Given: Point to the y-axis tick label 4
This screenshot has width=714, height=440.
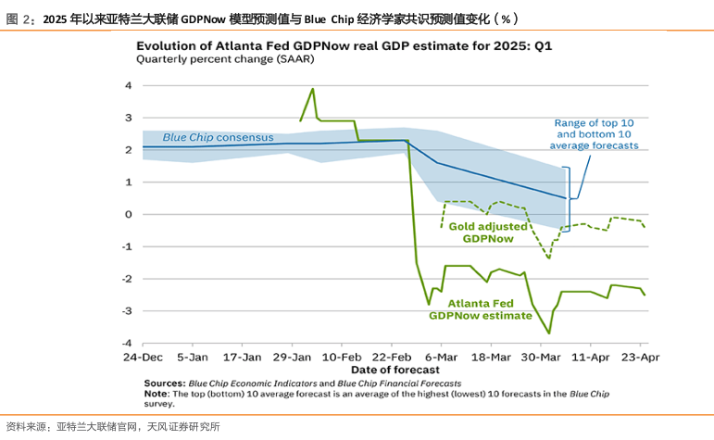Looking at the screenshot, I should coord(128,85).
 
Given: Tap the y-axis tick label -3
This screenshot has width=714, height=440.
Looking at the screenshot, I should coord(126,310).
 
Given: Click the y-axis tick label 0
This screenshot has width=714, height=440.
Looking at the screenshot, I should coord(128,214).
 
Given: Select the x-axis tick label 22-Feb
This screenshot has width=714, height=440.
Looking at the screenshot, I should coord(392,357).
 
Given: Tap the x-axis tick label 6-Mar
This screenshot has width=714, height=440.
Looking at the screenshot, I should coord(442,357).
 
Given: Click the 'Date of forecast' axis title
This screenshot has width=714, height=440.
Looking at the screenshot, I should coord(393,369).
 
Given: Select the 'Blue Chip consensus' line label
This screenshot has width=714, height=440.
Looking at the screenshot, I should coord(212,137).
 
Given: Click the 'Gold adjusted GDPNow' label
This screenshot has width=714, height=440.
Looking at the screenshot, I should coord(488,232).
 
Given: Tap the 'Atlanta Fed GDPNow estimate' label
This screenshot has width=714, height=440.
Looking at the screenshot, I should coord(481,308).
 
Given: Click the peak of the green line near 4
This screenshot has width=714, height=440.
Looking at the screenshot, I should coord(312,89).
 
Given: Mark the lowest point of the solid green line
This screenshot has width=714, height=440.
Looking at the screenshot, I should coord(549,333).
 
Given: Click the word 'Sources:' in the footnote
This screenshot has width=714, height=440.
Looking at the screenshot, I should coord(164,383).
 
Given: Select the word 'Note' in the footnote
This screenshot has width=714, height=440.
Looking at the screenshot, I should coord(158,393).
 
